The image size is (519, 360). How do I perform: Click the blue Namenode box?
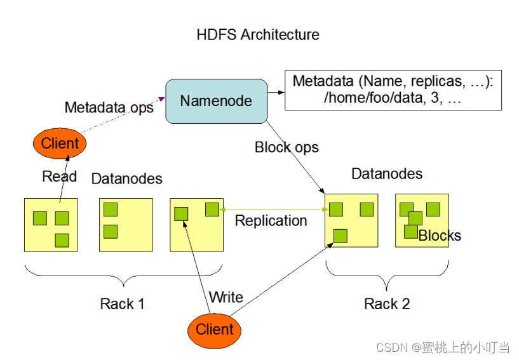point(217,101)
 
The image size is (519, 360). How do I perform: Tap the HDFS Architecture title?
point(258,35)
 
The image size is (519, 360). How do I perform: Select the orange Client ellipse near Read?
point(60,143)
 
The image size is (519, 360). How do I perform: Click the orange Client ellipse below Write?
point(215,330)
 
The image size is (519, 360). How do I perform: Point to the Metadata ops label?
point(109,107)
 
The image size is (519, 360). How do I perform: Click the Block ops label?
point(286,147)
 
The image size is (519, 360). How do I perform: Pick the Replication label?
point(271,221)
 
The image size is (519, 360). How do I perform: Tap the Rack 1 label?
point(122,303)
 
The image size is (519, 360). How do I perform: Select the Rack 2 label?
point(387,303)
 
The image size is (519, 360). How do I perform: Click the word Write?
point(226,297)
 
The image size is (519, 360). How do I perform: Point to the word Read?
point(60,177)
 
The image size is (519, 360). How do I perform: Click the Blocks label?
point(440,236)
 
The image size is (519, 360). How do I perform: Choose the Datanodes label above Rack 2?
point(387,174)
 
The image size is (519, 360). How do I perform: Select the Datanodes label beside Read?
point(127,178)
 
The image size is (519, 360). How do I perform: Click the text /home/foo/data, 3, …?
point(393,98)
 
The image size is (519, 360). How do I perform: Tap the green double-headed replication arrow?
point(274,210)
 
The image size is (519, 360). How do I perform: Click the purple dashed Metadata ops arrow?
point(123,115)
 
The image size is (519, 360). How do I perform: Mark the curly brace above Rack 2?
point(388,276)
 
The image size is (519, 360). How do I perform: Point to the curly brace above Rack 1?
point(123,276)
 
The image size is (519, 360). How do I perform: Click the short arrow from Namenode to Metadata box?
point(276,92)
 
